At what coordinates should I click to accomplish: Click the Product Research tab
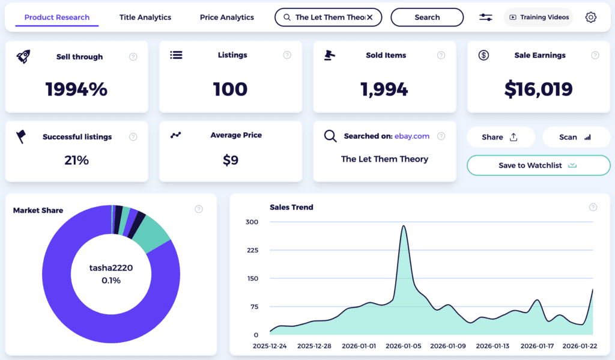click(x=57, y=17)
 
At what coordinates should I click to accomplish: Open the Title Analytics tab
click(x=145, y=17)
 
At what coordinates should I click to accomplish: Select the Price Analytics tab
click(x=227, y=17)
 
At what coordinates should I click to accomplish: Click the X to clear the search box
click(x=370, y=17)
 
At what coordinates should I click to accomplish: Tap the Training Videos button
click(x=539, y=17)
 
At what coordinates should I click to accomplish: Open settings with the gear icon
click(x=591, y=17)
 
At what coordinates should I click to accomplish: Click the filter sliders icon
click(x=486, y=17)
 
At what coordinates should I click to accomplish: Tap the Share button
click(x=500, y=137)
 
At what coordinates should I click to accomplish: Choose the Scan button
click(x=575, y=137)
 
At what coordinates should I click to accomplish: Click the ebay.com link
click(x=412, y=136)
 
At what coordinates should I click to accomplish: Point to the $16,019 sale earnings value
click(x=538, y=89)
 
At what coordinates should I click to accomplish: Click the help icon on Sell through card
click(x=133, y=56)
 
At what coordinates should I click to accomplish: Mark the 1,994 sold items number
click(x=384, y=90)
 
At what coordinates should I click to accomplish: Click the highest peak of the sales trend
click(x=404, y=227)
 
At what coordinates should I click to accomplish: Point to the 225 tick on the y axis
click(x=252, y=250)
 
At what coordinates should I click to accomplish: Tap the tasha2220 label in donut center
click(x=111, y=268)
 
